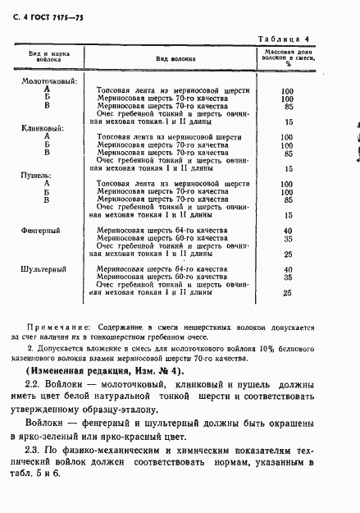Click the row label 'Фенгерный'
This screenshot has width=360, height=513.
click(41, 231)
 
